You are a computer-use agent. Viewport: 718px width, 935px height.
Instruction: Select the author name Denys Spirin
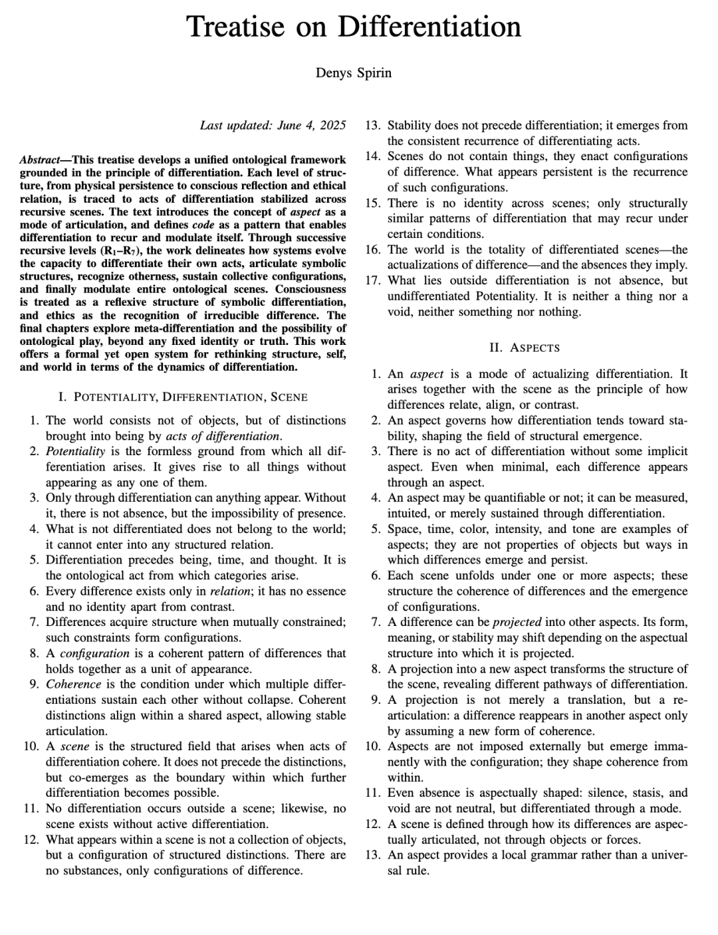click(x=353, y=73)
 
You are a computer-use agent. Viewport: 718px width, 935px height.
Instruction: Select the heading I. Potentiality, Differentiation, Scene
click(x=183, y=397)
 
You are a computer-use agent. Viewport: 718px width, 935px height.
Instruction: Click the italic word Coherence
click(x=73, y=684)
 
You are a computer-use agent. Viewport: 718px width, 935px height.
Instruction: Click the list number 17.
click(x=372, y=280)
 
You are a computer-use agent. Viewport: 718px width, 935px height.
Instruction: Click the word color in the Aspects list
click(x=481, y=530)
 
